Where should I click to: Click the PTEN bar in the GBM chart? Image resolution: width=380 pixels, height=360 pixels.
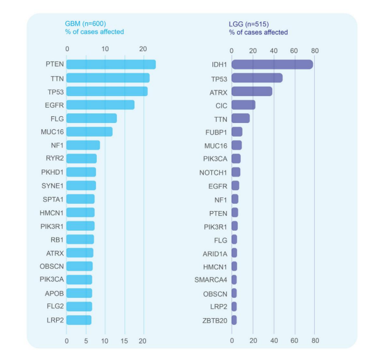(111, 64)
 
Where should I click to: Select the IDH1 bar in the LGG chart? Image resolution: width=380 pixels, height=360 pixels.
(272, 65)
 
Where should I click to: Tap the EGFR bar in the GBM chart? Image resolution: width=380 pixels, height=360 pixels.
(100, 105)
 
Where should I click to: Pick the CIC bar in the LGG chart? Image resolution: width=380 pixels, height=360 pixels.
(243, 105)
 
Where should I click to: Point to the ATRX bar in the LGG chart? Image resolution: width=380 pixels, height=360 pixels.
(251, 91)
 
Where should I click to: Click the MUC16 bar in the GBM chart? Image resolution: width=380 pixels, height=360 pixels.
(89, 132)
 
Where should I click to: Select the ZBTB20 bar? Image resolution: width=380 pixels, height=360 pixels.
(234, 320)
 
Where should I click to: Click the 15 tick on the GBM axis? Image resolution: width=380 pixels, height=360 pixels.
(124, 340)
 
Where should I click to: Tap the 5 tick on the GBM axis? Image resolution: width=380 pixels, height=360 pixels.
(86, 340)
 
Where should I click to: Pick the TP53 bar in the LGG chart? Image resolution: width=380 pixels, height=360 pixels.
(257, 78)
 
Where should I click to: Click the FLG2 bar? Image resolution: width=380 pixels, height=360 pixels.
(79, 306)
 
